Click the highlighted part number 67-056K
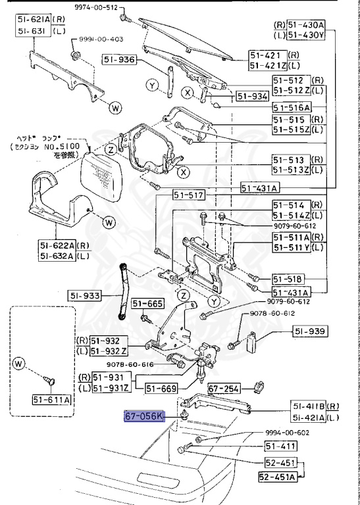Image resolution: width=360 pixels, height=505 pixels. click(145, 416)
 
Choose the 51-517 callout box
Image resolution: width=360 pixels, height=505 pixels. click(189, 195)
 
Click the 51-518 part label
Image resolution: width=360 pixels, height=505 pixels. click(290, 279)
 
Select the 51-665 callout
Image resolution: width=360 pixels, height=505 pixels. click(146, 303)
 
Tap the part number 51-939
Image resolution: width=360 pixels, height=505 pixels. click(310, 331)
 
